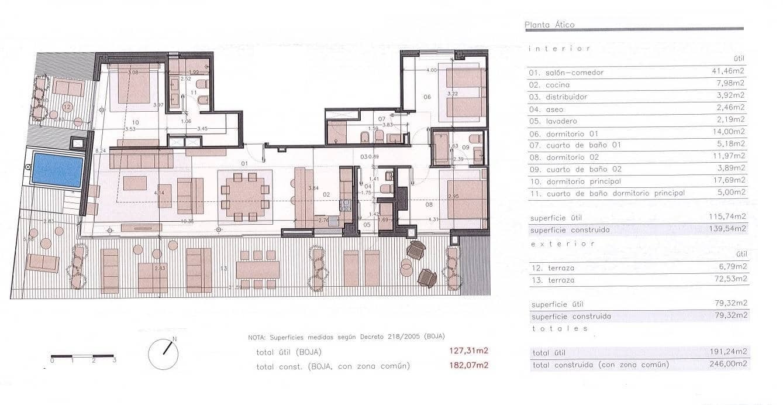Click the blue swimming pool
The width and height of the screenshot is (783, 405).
(x=57, y=170)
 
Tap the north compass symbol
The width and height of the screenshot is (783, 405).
(x=163, y=354)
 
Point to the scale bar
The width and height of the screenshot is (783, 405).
(x=82, y=356)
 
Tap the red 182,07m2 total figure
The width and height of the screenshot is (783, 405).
(x=468, y=366)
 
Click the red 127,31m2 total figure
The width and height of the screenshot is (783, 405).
(x=468, y=352)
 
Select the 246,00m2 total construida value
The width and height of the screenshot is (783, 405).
(x=727, y=364)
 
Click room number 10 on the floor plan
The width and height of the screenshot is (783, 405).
(x=136, y=122)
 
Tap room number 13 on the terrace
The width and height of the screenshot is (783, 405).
(x=223, y=268)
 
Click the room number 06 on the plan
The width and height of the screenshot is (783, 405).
(x=427, y=97)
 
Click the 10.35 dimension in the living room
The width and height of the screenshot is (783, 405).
(x=187, y=221)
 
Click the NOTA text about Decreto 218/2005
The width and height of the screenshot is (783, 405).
(x=346, y=337)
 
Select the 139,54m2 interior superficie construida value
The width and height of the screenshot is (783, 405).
(x=727, y=229)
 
